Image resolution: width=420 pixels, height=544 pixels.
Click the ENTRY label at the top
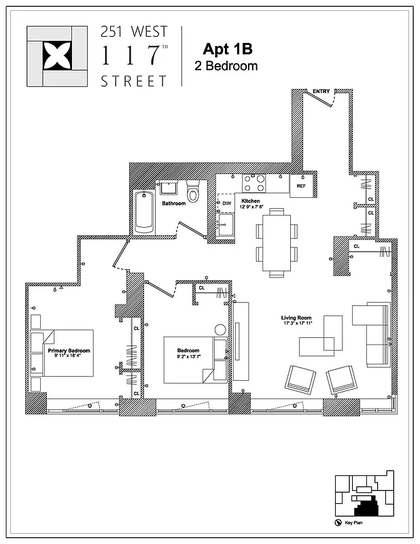(321, 91)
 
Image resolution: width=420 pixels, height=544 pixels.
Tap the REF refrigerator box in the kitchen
(300, 185)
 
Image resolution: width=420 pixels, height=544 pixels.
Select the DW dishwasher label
(226, 203)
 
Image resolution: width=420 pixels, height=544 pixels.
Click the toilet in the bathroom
(193, 194)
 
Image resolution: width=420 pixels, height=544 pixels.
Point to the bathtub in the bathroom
(144, 211)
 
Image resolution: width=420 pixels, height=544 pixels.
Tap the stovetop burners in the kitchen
(254, 184)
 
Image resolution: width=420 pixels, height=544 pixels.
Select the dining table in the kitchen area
(277, 241)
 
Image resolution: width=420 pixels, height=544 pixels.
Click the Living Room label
(296, 318)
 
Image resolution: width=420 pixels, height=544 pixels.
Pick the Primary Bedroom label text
(69, 351)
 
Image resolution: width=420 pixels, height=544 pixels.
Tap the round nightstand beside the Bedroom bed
(220, 330)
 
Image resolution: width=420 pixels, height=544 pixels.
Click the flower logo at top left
(56, 56)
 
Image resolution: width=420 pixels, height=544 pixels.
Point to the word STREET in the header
(133, 80)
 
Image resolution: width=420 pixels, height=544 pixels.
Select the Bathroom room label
(174, 203)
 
